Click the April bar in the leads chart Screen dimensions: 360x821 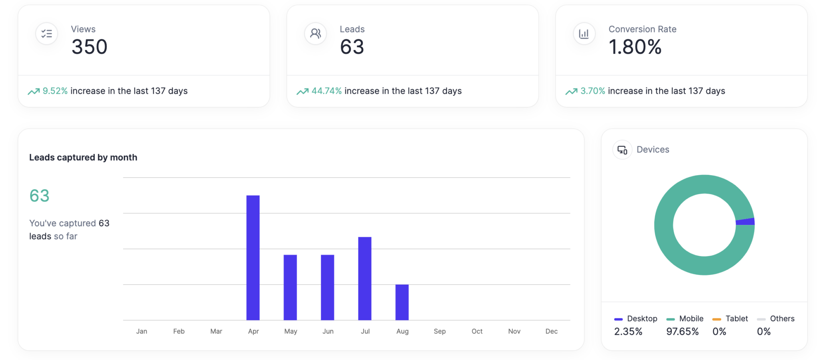pyautogui.click(x=253, y=257)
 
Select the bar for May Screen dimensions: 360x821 pyautogui.click(x=290, y=287)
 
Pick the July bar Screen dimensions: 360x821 pyautogui.click(x=365, y=278)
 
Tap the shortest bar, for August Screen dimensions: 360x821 pyautogui.click(x=402, y=302)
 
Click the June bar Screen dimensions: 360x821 pyautogui.click(x=328, y=287)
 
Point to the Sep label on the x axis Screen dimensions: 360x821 pyautogui.click(x=439, y=331)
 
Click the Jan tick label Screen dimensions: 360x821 pyautogui.click(x=142, y=331)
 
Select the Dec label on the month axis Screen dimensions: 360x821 pyautogui.click(x=551, y=331)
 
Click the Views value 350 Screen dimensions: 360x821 pyautogui.click(x=89, y=47)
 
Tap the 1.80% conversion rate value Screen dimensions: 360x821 pyautogui.click(x=635, y=47)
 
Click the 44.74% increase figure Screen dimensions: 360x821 pyautogui.click(x=326, y=91)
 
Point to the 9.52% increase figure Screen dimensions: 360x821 pyautogui.click(x=55, y=91)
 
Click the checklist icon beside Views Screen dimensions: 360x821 pyautogui.click(x=47, y=34)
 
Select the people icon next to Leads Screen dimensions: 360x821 pyautogui.click(x=315, y=34)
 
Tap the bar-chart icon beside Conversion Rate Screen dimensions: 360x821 pyautogui.click(x=584, y=34)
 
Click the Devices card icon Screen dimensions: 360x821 pyautogui.click(x=622, y=150)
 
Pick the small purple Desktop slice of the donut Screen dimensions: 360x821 pyautogui.click(x=746, y=222)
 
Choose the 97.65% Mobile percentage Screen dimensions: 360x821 pyautogui.click(x=682, y=332)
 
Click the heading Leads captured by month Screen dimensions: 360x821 pyautogui.click(x=83, y=158)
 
